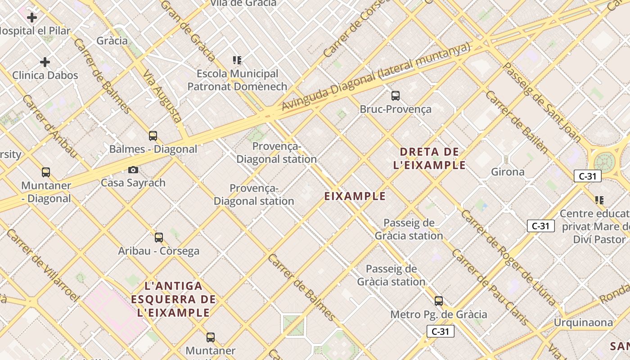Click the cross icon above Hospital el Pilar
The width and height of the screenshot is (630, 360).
[x=32, y=18]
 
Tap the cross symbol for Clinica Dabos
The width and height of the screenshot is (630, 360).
[x=45, y=62]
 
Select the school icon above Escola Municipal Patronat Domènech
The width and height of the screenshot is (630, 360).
[x=237, y=60]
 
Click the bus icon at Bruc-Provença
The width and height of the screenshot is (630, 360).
[x=396, y=96]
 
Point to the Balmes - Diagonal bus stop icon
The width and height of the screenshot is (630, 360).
[x=153, y=136]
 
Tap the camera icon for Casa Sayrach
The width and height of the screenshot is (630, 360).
[x=133, y=170]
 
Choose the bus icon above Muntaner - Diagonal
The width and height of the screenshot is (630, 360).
[x=46, y=172]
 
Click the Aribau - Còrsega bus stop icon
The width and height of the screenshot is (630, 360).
[x=159, y=238]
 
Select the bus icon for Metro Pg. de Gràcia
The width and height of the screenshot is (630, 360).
[x=439, y=301]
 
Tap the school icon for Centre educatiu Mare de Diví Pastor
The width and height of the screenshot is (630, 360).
[x=599, y=200]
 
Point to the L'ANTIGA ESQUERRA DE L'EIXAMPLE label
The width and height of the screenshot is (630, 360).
[x=174, y=299]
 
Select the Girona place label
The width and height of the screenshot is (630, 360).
[x=508, y=172]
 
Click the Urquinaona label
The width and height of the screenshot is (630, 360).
[x=583, y=323]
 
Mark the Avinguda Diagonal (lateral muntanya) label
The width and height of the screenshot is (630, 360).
[x=376, y=76]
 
